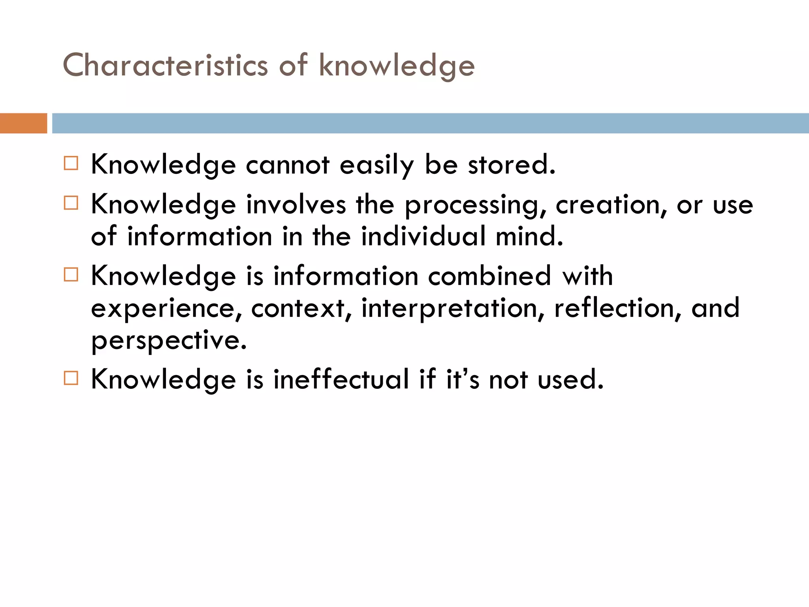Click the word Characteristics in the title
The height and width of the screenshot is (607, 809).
pos(165,65)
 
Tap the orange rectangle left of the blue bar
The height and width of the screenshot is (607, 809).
pos(23,123)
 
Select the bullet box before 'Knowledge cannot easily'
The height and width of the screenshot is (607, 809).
pos(71,163)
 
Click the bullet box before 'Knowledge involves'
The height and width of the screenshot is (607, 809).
pos(71,203)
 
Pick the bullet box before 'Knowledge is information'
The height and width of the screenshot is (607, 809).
pos(71,274)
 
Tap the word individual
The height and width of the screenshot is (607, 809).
pos(423,236)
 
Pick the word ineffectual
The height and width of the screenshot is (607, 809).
pos(341,379)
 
